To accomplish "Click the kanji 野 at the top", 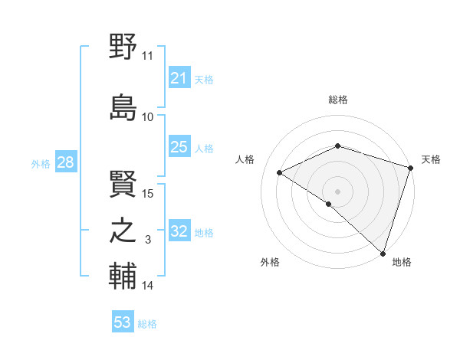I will coord(123,47).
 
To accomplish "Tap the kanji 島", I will coord(123,106).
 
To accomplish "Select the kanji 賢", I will coord(123,182).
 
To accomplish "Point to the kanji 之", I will coord(123,231).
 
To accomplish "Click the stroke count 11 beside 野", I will coord(148,56).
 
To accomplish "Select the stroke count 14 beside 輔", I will coord(148,286).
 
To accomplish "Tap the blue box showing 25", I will coord(179,147).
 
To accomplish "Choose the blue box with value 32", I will coord(179,231).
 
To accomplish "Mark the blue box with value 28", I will coord(64,162).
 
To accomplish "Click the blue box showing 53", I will coord(122,322).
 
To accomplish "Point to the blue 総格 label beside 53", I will coord(147,324).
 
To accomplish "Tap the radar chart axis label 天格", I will coord(431,159).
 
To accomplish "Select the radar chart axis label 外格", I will coord(270,262).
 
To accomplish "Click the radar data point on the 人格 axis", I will coord(280,172).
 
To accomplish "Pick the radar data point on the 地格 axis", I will coord(382,252).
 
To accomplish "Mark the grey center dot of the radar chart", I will coord(337,191).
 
